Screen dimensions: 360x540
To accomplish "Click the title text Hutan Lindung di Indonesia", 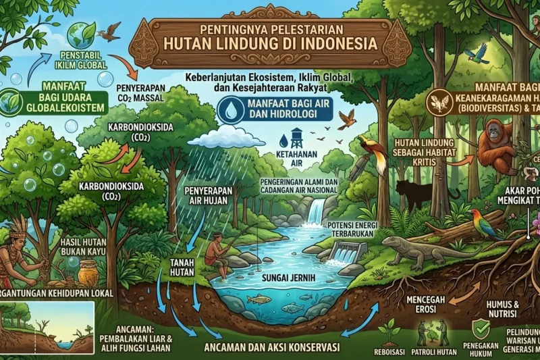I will click(x=270, y=45).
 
